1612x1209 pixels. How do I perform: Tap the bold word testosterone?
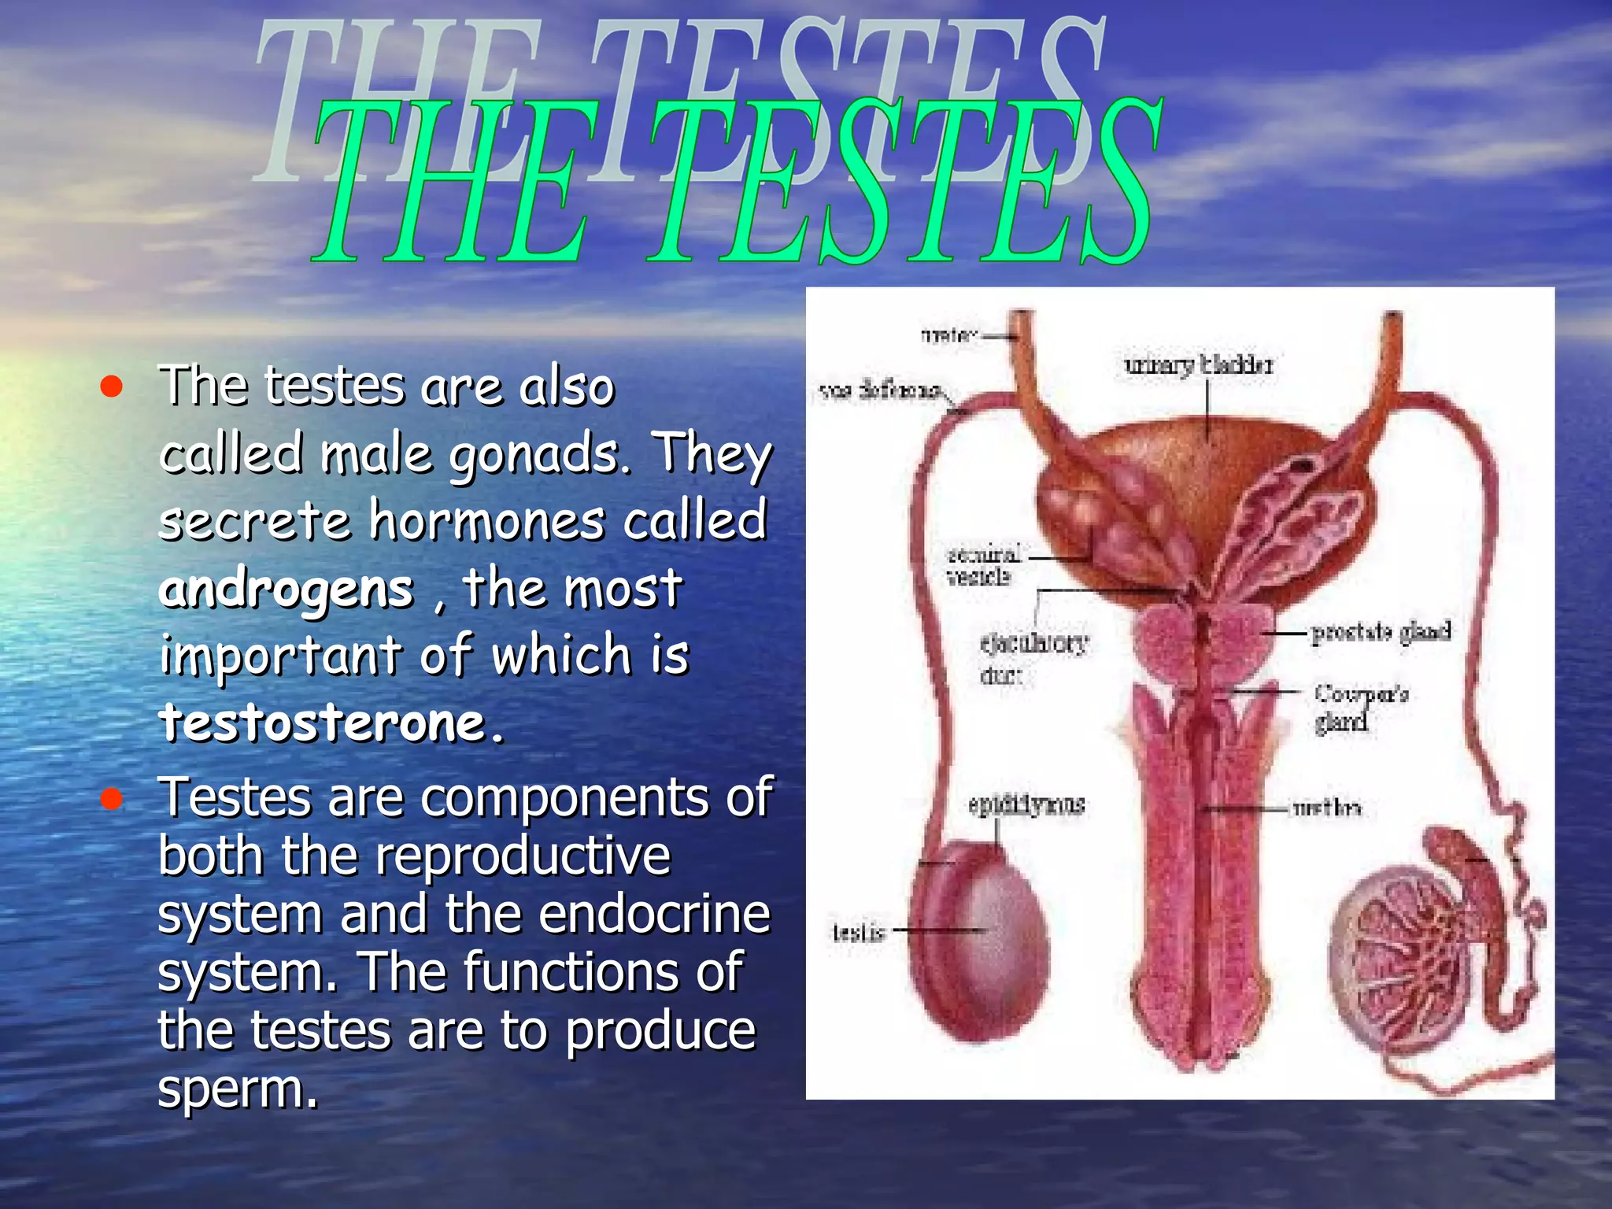coord(331,723)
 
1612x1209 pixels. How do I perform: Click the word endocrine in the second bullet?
coord(655,915)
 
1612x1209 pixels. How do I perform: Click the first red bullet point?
coord(112,386)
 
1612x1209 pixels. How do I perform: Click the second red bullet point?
coord(112,799)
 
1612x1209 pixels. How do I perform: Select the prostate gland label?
coord(1381,632)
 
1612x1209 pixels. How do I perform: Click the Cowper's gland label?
coord(1360,707)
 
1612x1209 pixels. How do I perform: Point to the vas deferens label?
coord(881,390)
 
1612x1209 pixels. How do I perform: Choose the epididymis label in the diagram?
coord(1026,804)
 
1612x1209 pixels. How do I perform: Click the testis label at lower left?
coord(858,933)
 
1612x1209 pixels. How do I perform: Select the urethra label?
coord(1327,808)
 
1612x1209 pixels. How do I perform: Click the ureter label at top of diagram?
coord(948,335)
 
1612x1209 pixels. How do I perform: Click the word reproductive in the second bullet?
coord(522,856)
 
